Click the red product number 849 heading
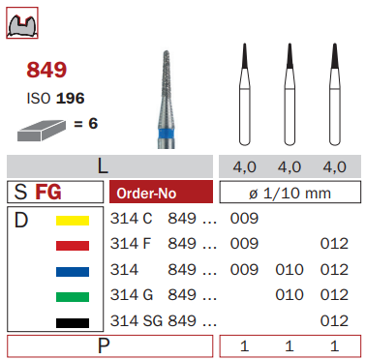tap(46, 70)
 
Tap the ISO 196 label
tap(55, 99)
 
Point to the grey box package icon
tap(42, 131)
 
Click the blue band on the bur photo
tap(167, 135)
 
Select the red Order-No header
tap(161, 192)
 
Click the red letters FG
tap(48, 193)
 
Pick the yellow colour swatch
tap(73, 221)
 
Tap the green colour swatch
tap(73, 297)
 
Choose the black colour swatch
tap(73, 323)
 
